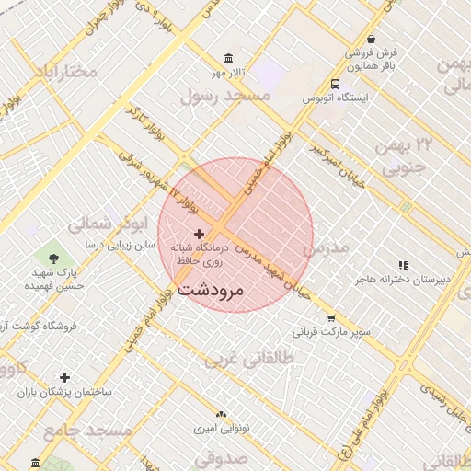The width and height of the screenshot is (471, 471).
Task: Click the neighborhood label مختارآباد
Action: [x=65, y=71]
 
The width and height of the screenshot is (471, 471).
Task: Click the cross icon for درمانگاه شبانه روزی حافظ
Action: [x=199, y=235]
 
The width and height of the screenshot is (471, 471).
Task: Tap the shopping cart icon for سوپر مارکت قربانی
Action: [x=329, y=318]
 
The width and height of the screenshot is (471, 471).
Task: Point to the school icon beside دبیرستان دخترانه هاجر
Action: [x=402, y=264]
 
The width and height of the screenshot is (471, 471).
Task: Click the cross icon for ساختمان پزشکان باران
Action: [x=64, y=377]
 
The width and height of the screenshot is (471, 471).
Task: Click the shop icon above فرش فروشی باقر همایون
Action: [x=370, y=40]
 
